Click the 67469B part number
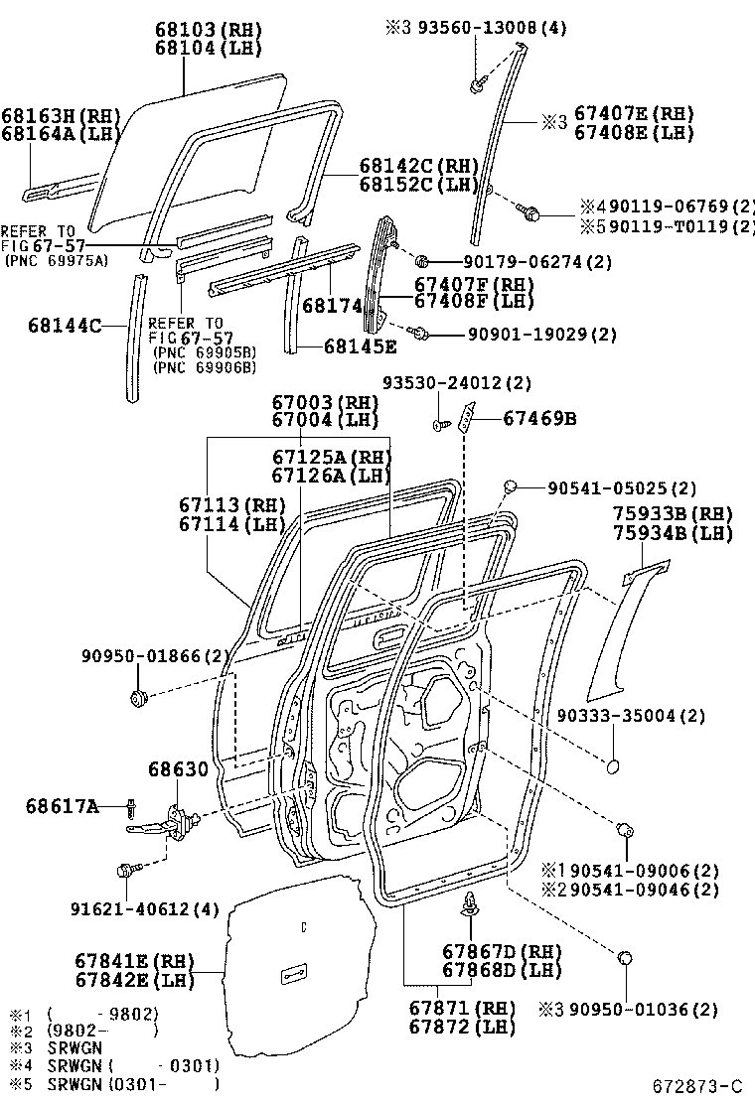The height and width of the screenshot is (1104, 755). (538, 419)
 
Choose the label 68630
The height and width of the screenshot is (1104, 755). (178, 768)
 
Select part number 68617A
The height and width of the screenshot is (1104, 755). (62, 807)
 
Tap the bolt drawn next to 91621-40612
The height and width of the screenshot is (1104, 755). (127, 871)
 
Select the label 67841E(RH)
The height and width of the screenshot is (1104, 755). (133, 961)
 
